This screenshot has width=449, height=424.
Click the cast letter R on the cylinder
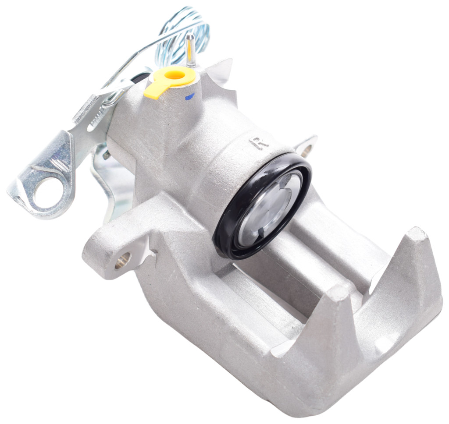260,142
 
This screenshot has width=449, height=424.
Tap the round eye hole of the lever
48,190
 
